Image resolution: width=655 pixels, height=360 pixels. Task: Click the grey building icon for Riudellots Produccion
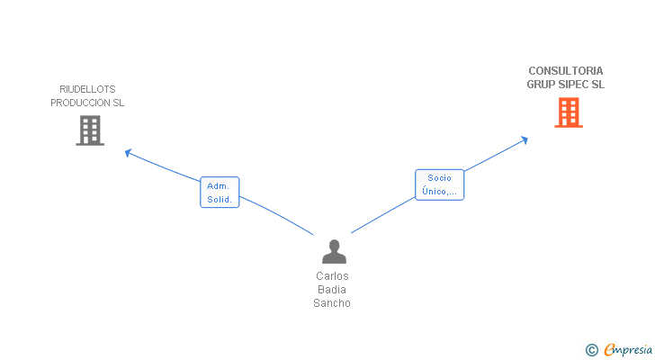point(89,130)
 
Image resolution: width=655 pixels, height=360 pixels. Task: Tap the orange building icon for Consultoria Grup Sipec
point(568,112)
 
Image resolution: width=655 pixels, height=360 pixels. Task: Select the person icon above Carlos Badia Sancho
point(334,252)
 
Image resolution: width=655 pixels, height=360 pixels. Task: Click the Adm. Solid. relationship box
point(220,192)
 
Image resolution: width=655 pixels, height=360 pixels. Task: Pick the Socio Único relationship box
point(439,184)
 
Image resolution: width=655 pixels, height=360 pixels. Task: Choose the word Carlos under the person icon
point(332,276)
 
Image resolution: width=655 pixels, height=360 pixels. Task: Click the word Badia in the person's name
point(332,290)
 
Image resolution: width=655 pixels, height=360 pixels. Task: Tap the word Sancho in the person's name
point(332,303)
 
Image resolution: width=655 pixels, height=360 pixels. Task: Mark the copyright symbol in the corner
point(592,349)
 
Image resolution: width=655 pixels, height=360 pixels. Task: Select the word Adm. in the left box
point(219,185)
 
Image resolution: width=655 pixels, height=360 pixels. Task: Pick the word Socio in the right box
point(439,178)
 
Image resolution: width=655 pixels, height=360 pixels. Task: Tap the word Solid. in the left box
point(220,200)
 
